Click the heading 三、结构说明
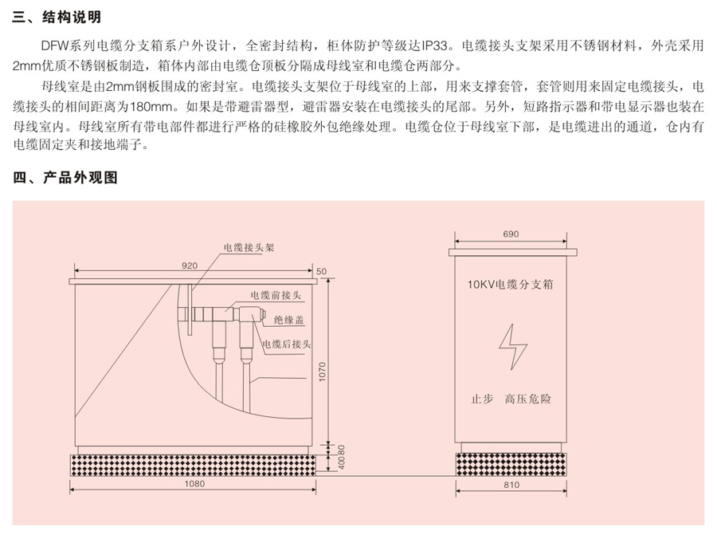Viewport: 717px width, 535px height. point(57,17)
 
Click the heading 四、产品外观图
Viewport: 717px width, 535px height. point(65,177)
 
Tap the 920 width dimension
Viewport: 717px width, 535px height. point(190,266)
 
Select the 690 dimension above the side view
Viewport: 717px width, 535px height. point(511,234)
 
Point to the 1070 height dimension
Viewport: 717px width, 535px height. point(323,372)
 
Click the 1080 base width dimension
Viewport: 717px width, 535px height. point(194,484)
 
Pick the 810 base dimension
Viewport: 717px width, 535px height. point(511,485)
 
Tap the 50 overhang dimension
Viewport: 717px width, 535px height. point(322,271)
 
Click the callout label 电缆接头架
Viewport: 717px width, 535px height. point(249,248)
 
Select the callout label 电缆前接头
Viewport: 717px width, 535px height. point(276,295)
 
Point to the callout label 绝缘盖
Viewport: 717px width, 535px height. point(289,320)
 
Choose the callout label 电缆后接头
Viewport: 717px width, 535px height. point(286,344)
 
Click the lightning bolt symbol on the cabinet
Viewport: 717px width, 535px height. point(512,347)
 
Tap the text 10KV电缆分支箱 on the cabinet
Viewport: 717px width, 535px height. point(511,284)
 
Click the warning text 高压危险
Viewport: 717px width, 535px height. point(527,399)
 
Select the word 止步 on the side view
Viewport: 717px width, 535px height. point(482,399)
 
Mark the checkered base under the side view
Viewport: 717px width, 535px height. point(511,465)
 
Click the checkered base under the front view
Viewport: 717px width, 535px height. point(193,465)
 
